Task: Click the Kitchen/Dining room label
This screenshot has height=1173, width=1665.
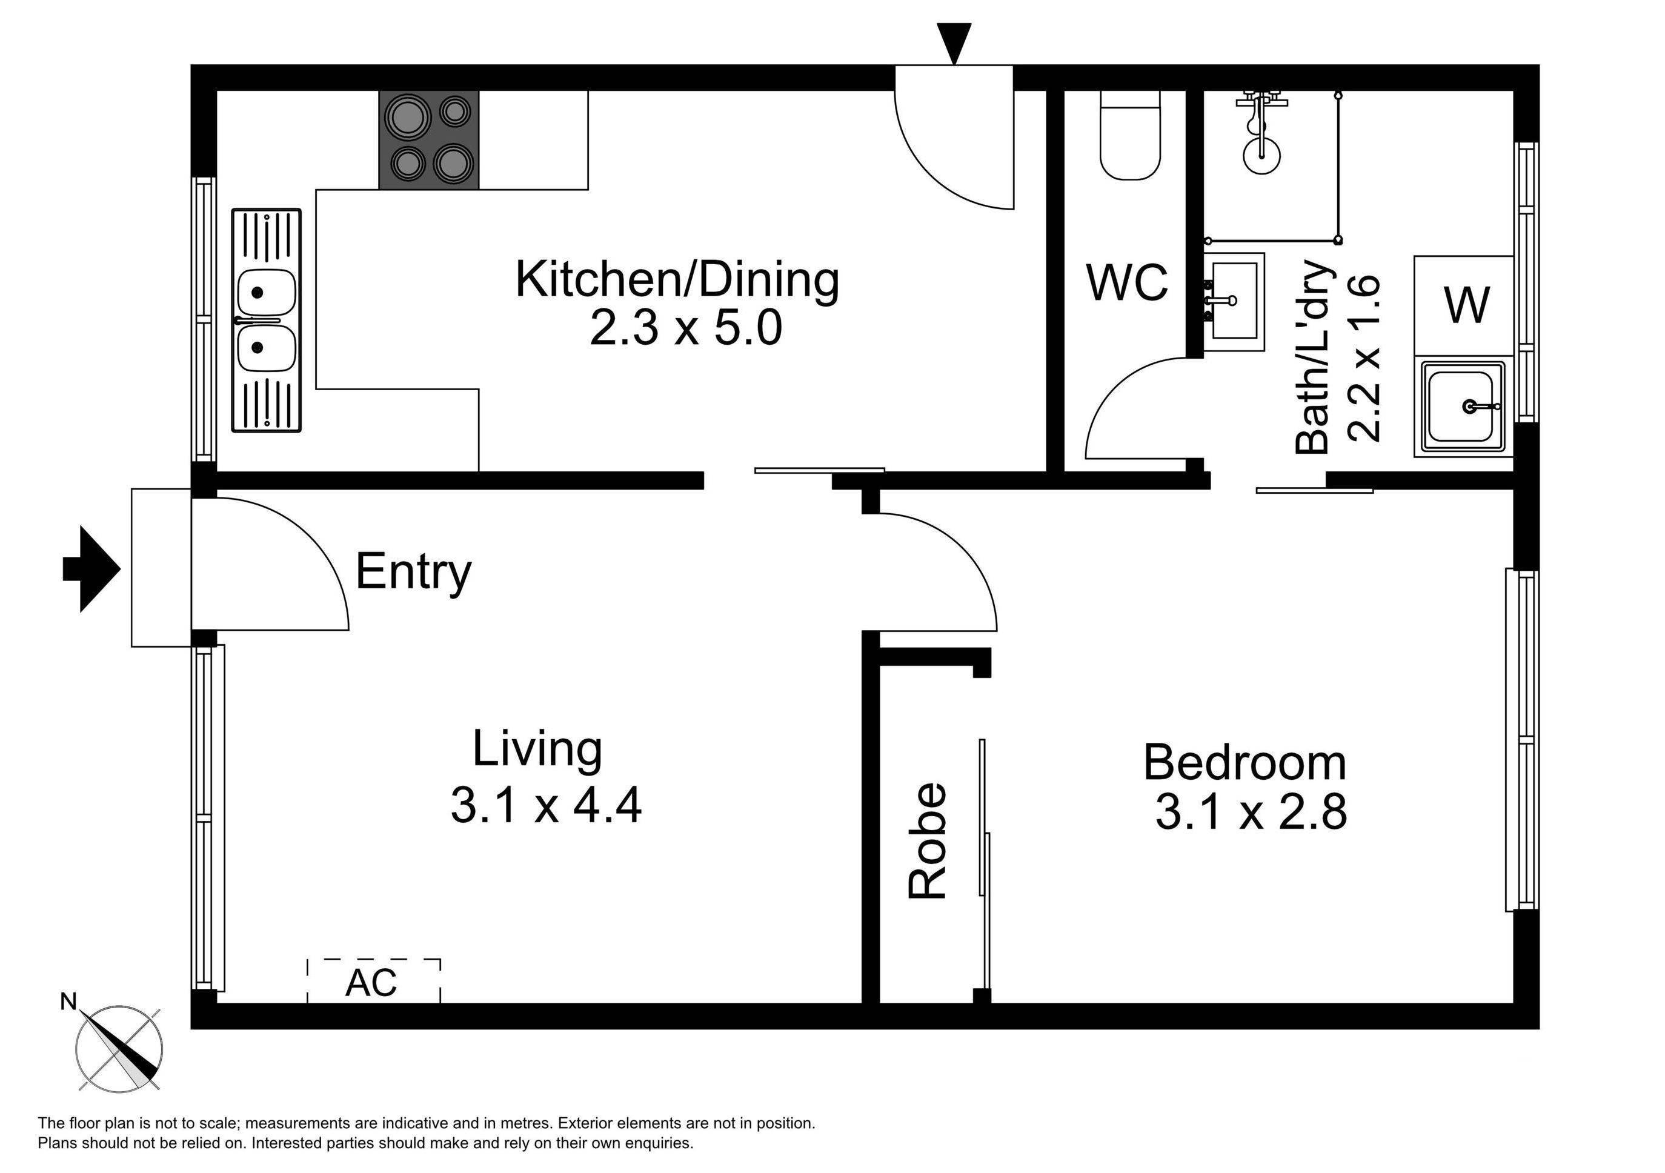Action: [x=677, y=280]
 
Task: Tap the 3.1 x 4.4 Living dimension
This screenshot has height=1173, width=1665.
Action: [x=546, y=805]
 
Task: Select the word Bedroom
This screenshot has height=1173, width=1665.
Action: [x=1245, y=763]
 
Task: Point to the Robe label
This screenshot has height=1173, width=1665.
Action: [x=928, y=841]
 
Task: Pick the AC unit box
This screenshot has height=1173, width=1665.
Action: [x=373, y=981]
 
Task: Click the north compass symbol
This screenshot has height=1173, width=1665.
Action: [x=119, y=1048]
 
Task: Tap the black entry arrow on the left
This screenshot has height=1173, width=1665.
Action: [x=91, y=569]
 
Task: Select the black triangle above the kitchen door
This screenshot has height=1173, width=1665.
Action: [x=954, y=44]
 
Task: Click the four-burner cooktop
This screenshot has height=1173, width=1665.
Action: [x=428, y=140]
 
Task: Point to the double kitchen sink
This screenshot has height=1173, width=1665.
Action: [x=266, y=321]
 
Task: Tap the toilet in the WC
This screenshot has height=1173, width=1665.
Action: [x=1130, y=136]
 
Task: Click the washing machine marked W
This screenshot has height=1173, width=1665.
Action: [x=1463, y=305]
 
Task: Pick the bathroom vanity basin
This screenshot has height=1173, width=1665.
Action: [x=1234, y=302]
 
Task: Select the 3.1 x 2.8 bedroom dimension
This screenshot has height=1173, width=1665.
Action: [x=1251, y=811]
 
